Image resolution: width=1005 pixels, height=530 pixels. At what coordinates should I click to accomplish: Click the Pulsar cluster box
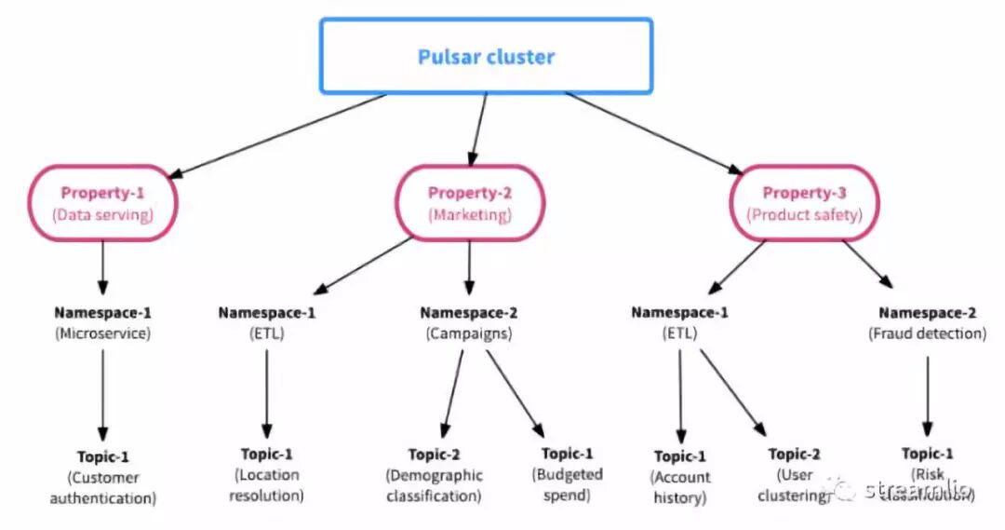pyautogui.click(x=486, y=56)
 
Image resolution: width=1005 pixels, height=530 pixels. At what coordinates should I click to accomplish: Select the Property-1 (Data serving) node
pyautogui.click(x=102, y=203)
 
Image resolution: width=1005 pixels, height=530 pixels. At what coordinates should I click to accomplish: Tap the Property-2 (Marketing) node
pyautogui.click(x=469, y=203)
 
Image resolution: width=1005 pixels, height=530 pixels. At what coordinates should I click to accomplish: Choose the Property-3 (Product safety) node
pyautogui.click(x=804, y=203)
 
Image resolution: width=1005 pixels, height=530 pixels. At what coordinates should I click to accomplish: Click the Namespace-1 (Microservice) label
pyautogui.click(x=102, y=321)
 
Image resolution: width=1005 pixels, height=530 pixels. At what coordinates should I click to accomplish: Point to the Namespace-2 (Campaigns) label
pyautogui.click(x=468, y=321)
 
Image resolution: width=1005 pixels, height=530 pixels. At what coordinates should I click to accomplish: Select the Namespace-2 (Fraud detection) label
pyautogui.click(x=927, y=321)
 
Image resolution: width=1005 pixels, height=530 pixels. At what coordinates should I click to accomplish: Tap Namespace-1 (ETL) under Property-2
pyautogui.click(x=267, y=321)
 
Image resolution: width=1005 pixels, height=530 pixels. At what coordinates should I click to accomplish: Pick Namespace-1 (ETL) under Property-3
pyautogui.click(x=680, y=321)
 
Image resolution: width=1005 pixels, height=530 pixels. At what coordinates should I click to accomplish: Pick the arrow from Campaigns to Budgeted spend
pyautogui.click(x=515, y=392)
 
